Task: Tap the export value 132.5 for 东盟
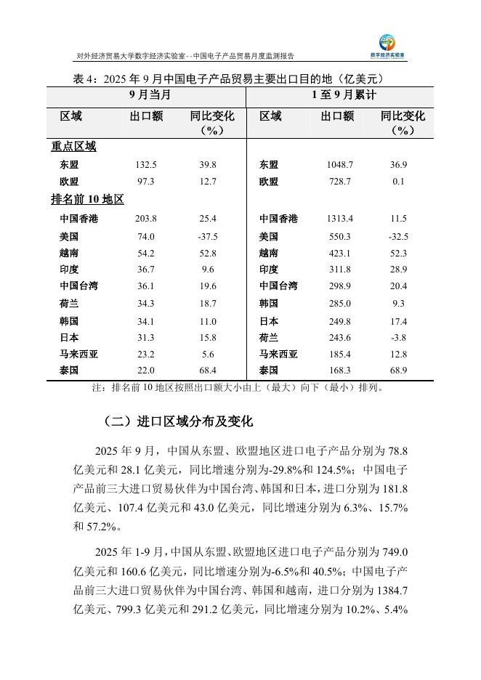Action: click(145, 165)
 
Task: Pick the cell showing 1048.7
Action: click(339, 165)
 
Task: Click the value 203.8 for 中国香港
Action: click(145, 219)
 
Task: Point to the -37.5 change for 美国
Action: click(208, 236)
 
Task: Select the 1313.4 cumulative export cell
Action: click(339, 219)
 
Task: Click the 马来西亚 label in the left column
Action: click(78, 354)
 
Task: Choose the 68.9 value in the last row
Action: click(398, 371)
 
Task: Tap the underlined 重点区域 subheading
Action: click(73, 146)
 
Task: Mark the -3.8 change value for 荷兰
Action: click(398, 337)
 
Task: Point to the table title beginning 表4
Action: click(229, 78)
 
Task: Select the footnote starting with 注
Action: click(237, 387)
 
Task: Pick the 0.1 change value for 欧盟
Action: click(398, 182)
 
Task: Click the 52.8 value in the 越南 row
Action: click(208, 253)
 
